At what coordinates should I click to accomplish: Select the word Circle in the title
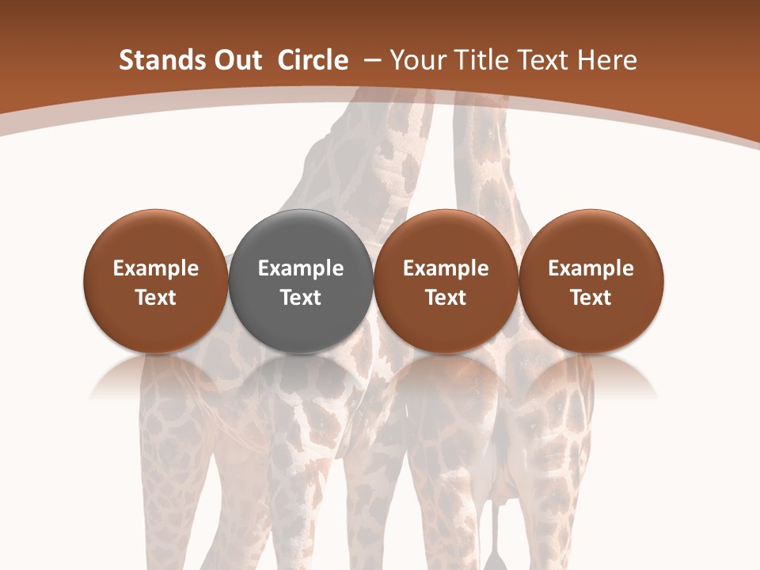click(313, 60)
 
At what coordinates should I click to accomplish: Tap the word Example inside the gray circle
click(300, 269)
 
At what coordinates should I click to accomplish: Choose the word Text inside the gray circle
click(300, 298)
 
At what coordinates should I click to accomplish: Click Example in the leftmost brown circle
click(155, 269)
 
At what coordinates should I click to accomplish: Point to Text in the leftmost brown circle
click(155, 298)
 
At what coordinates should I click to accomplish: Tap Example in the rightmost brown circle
click(591, 269)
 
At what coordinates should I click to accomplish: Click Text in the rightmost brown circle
click(591, 298)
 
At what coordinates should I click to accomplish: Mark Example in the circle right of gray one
click(446, 269)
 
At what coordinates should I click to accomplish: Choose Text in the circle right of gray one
click(446, 298)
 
